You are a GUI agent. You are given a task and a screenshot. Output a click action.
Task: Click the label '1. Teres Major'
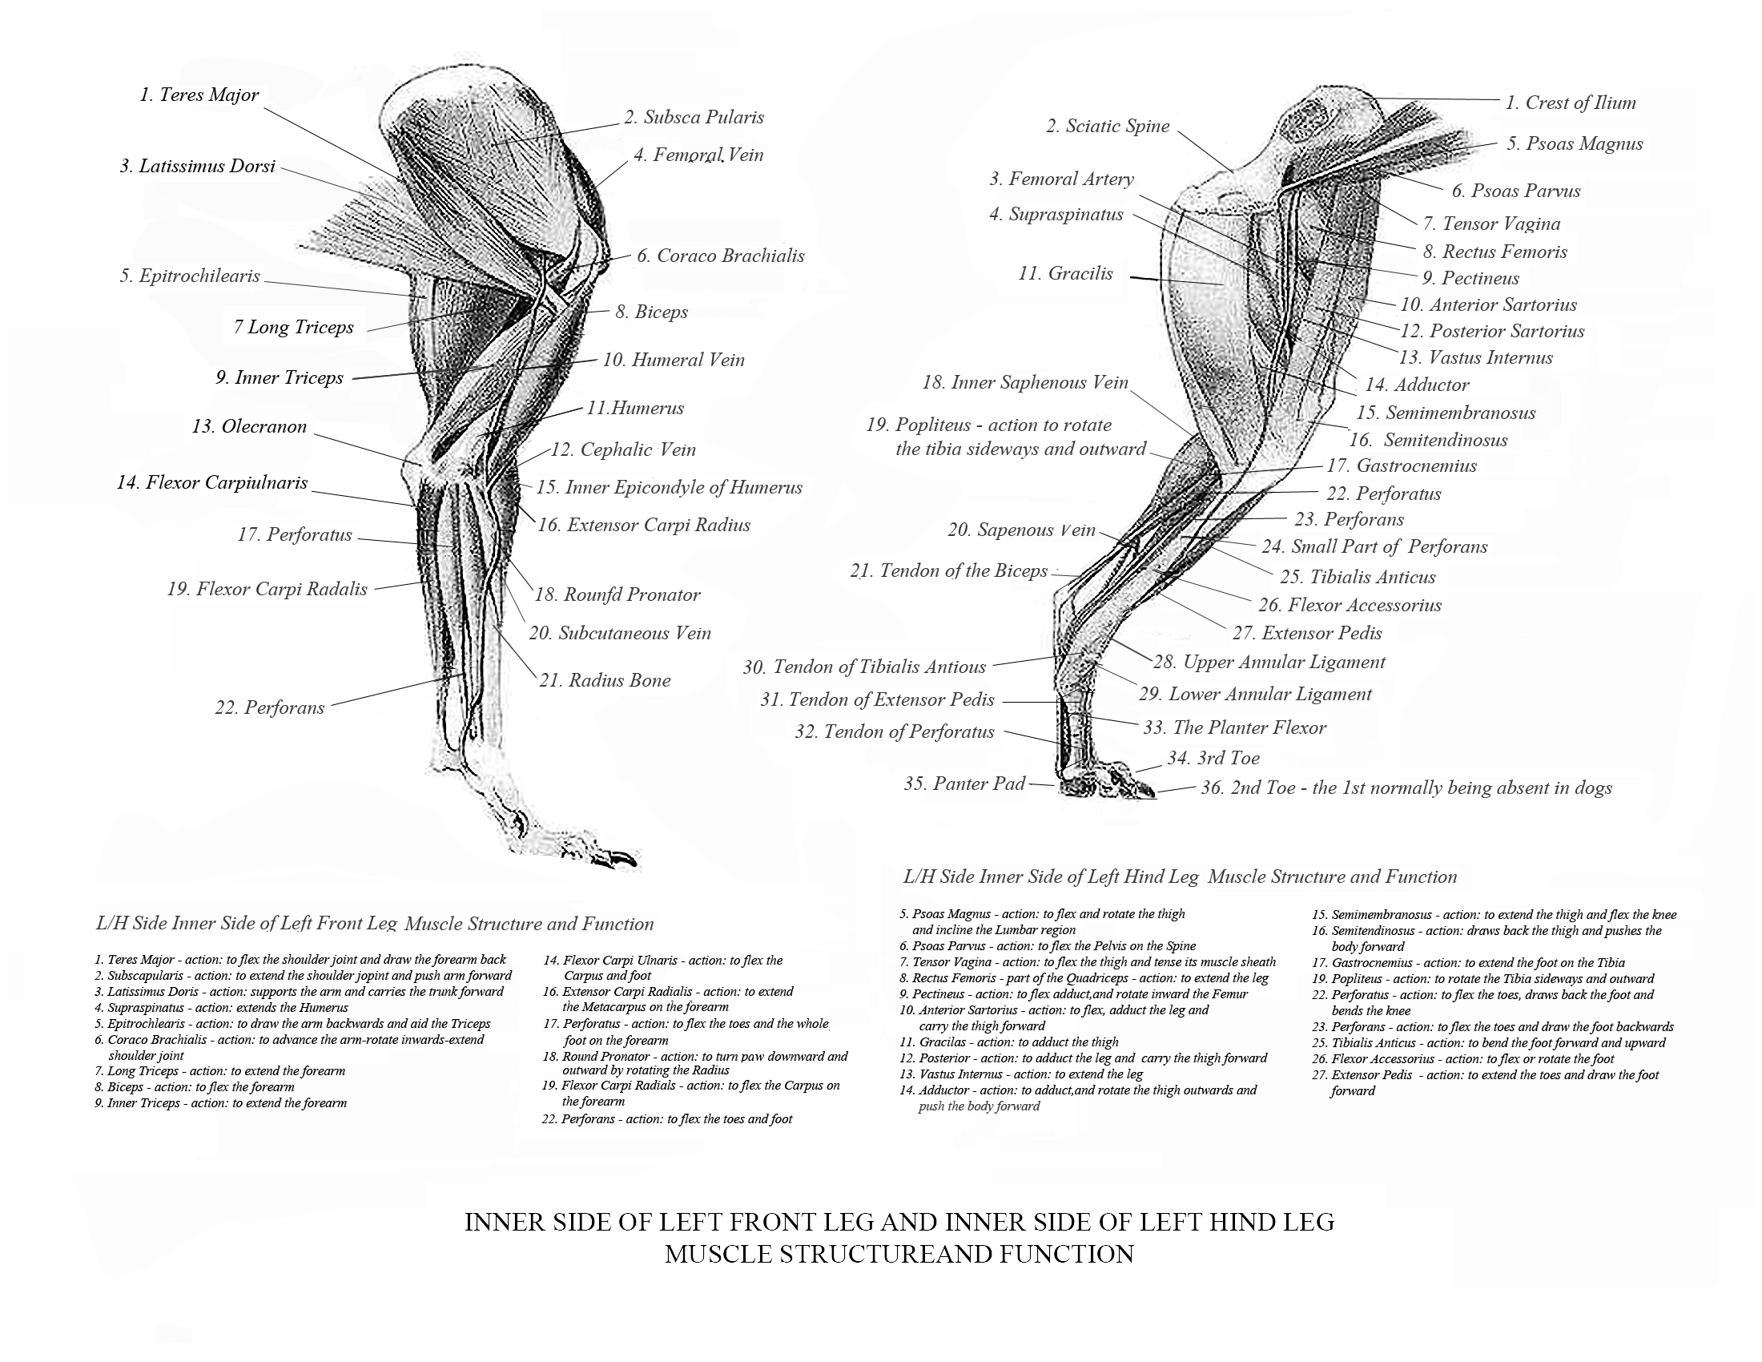(199, 95)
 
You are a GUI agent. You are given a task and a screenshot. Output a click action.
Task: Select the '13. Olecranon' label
(249, 427)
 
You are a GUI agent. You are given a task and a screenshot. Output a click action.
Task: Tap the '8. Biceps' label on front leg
(651, 312)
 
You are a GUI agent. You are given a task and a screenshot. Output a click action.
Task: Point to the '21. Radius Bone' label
(605, 681)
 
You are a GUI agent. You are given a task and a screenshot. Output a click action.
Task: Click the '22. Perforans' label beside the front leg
(269, 708)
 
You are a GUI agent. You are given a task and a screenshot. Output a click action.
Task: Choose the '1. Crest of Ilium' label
(1570, 103)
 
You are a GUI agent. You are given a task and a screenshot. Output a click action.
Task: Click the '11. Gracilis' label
(1065, 274)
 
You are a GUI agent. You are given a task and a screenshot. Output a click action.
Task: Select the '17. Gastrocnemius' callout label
(1416, 466)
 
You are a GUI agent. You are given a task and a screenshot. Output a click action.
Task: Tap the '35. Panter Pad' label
(964, 784)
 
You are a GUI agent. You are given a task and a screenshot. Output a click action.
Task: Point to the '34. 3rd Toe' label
(1213, 759)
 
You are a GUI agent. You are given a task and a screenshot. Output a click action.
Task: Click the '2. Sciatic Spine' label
(1108, 127)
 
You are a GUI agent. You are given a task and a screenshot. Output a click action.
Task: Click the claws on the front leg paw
(618, 857)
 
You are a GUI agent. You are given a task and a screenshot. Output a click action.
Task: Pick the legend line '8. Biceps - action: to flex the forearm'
(195, 1088)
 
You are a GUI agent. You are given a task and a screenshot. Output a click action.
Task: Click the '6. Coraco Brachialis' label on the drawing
(721, 256)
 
